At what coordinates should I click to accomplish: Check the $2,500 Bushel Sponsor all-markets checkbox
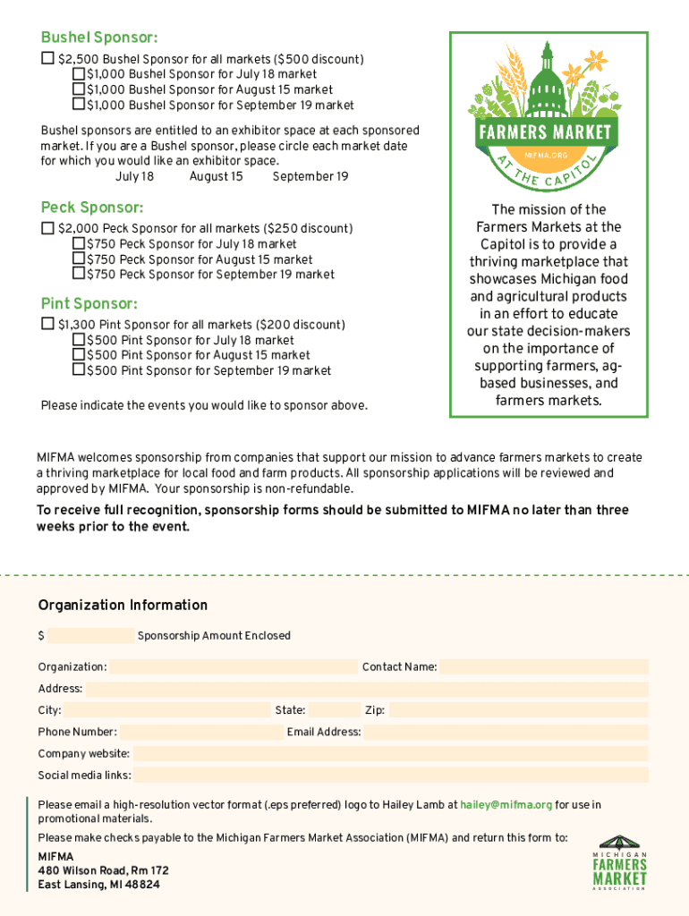point(47,59)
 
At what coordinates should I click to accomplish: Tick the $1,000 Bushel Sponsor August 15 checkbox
point(78,89)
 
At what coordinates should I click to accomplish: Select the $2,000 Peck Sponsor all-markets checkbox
point(47,228)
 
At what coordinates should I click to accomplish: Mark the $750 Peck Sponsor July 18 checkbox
point(78,243)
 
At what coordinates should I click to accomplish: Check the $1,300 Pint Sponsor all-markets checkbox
point(47,324)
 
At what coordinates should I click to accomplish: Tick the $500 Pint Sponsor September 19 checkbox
point(78,369)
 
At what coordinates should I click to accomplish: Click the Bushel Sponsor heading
point(99,38)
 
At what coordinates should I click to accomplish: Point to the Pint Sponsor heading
point(89,303)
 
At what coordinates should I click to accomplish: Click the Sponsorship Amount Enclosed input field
point(90,636)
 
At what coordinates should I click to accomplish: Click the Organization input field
point(233,666)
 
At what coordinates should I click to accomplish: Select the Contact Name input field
point(544,666)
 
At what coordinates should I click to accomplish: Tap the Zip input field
point(518,710)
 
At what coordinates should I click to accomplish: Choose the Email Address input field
point(506,732)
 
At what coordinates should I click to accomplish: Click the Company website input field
point(390,754)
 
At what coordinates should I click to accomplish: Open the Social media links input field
point(391,776)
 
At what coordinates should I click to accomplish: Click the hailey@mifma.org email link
point(506,805)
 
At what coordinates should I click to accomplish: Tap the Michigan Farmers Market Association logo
point(618,862)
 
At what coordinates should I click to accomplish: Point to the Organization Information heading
point(123,606)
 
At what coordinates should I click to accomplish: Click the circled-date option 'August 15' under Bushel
point(216,177)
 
